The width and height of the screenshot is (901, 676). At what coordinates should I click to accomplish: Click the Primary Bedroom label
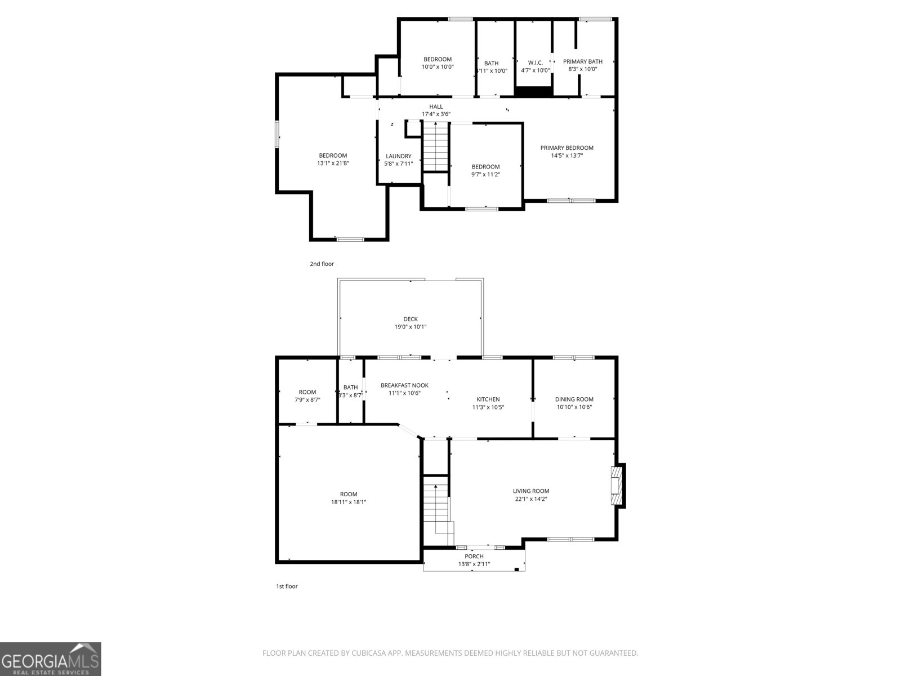pos(567,148)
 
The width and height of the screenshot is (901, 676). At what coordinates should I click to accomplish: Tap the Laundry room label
pos(398,156)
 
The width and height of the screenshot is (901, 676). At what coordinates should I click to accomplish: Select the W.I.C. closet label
pos(535,63)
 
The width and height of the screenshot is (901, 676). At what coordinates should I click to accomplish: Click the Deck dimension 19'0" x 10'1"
pos(410,327)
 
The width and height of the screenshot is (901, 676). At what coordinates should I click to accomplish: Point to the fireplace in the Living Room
pos(618,486)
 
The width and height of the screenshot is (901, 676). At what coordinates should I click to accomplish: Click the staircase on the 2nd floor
pos(435,146)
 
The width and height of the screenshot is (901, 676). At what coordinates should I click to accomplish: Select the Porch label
pos(474,556)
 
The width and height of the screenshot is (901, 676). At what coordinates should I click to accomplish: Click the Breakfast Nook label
pos(404,385)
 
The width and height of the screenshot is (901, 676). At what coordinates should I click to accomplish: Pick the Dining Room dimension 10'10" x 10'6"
pos(574,407)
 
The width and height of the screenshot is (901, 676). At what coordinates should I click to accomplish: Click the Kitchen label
pos(488,399)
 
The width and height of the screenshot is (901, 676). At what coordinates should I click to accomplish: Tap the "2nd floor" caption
pos(322,264)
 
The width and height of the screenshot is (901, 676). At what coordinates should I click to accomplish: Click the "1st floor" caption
pos(287,586)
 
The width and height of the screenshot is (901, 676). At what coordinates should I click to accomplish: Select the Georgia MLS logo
pos(51,659)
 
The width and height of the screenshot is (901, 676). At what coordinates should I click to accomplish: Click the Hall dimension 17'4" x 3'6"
pos(436,114)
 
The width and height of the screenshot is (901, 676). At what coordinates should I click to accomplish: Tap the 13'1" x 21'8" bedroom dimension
pos(333,163)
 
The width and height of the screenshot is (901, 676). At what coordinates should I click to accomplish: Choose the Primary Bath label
pos(582,61)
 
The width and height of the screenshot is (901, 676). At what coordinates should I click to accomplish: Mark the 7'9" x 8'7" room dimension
pos(307,399)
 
